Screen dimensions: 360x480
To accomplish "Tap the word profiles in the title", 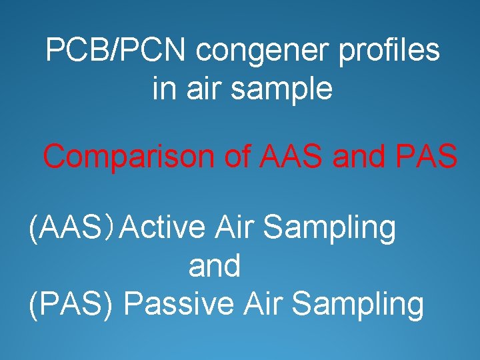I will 390,51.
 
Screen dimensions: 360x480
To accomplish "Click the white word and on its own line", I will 215,266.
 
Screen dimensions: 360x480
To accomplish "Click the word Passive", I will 179,304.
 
